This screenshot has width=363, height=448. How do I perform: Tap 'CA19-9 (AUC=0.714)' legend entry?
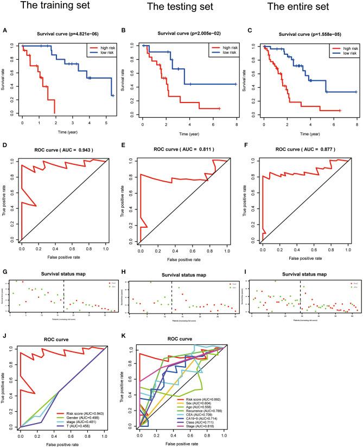point(198,419)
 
